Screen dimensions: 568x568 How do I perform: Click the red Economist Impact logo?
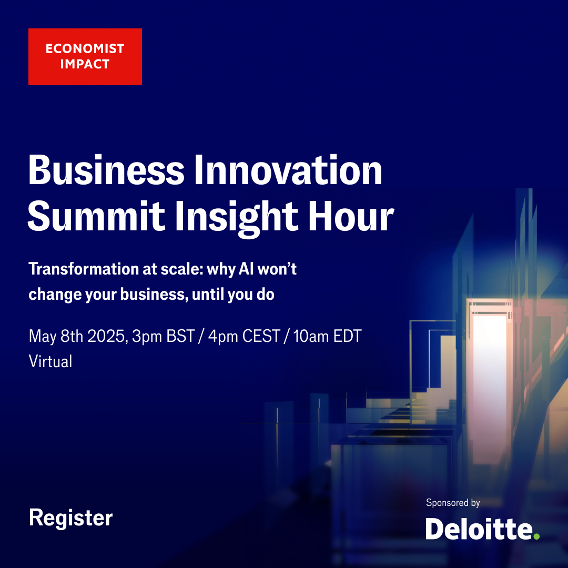coord(85,56)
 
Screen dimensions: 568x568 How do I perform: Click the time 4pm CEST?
coord(245,336)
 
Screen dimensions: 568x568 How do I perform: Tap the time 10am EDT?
coord(328,336)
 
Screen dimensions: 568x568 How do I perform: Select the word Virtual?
coord(50,361)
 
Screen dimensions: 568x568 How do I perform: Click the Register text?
coord(70,518)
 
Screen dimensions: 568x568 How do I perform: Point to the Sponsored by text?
coord(453,503)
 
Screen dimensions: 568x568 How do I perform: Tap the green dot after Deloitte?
coord(536,536)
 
